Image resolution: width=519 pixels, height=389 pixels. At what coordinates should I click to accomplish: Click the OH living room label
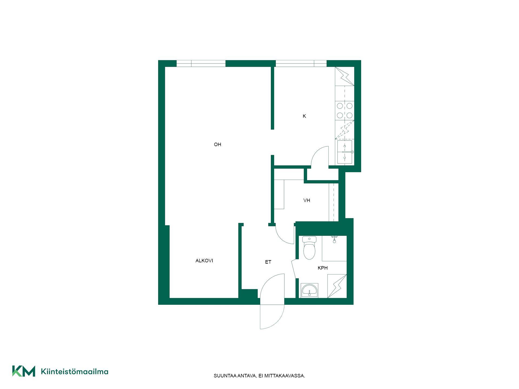tap(218, 145)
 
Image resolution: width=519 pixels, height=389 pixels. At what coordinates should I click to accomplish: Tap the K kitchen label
tap(304, 116)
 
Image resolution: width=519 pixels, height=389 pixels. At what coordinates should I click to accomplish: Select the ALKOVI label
tap(204, 261)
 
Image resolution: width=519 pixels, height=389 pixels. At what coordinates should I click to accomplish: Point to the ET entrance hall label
tap(268, 262)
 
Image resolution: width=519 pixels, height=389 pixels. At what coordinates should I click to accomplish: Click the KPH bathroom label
tap(323, 268)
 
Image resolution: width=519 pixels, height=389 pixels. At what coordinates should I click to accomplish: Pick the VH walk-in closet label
tap(307, 200)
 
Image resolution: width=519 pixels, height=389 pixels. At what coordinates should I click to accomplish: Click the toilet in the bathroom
tap(309, 248)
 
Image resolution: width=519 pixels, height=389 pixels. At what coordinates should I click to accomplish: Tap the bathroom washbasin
tap(310, 290)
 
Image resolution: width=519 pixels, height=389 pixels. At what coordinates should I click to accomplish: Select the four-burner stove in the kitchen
tap(345, 110)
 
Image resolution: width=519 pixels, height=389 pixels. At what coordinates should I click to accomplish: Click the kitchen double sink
tap(345, 152)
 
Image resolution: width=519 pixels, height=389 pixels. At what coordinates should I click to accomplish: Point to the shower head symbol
tap(334, 239)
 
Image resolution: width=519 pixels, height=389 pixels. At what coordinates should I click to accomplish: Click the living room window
tap(201, 63)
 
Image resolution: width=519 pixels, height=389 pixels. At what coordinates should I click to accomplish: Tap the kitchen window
tap(301, 63)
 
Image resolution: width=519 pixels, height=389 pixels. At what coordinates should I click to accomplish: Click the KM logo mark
tap(24, 371)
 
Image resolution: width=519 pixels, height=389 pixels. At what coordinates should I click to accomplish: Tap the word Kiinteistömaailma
tap(75, 371)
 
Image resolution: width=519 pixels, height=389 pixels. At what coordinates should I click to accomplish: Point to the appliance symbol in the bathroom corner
tap(337, 286)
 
